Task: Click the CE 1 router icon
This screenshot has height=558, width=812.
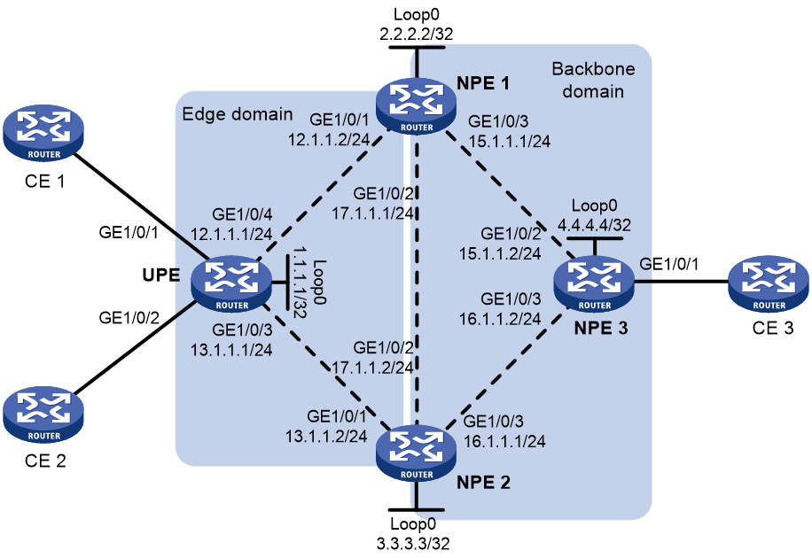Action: point(43,135)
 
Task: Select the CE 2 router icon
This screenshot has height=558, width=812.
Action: point(43,415)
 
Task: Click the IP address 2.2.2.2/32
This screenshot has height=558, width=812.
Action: point(417,34)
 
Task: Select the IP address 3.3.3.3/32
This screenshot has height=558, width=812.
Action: point(413,544)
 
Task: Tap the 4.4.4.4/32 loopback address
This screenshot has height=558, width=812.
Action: point(594,225)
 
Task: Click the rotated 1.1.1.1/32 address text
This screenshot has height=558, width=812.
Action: point(300,282)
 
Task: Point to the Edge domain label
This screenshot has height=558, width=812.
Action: point(238,114)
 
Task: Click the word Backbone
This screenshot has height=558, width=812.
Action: point(593,69)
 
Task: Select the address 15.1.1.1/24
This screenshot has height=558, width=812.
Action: point(510,141)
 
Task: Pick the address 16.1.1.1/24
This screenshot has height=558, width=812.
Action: point(504,441)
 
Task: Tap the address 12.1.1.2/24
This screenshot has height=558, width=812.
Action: point(329,139)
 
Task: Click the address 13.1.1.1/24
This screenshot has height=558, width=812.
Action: point(231,350)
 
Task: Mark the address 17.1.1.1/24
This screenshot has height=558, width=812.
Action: point(372,213)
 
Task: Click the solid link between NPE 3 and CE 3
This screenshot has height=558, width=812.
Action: point(682,282)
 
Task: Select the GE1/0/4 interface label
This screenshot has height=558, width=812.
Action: point(242,214)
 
